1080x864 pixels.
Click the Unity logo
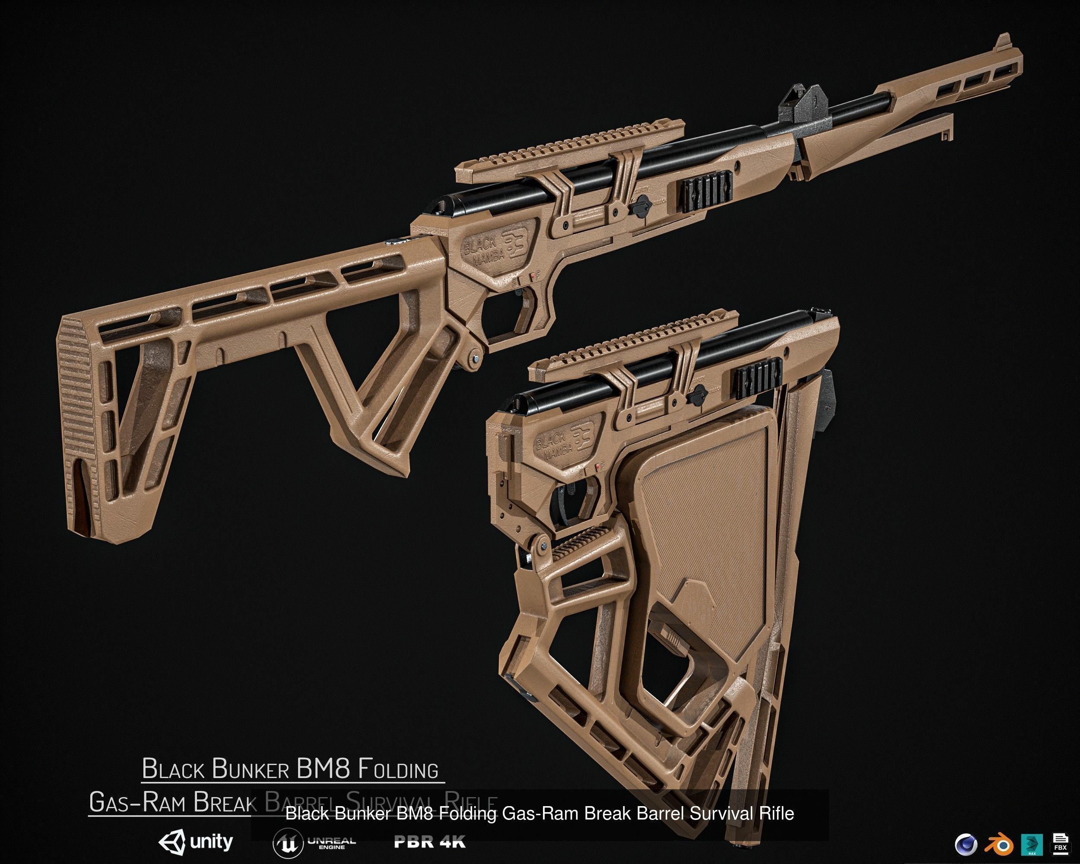coord(195,842)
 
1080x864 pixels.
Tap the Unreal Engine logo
coord(314,843)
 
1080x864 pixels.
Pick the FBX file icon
coord(1060,843)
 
